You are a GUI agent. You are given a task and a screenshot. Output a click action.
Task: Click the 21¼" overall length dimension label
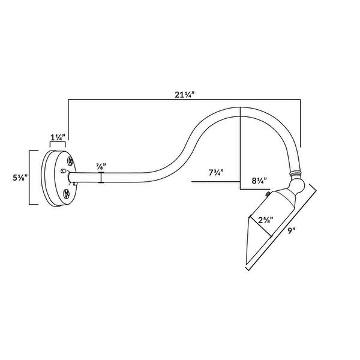(x=184, y=94)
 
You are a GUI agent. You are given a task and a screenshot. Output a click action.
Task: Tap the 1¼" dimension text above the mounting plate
(x=58, y=137)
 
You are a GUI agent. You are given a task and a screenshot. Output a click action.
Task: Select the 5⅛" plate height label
(x=20, y=178)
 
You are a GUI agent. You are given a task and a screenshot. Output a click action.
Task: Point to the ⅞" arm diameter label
(x=101, y=166)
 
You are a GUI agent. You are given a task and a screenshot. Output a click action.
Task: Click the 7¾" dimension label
(x=216, y=172)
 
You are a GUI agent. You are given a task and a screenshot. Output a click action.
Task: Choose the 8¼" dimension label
(x=259, y=181)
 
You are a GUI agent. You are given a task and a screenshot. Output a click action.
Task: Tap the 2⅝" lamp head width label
(x=266, y=220)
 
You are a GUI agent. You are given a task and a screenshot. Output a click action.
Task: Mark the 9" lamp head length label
(x=291, y=230)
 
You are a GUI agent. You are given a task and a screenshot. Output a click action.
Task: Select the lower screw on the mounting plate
(x=66, y=194)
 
